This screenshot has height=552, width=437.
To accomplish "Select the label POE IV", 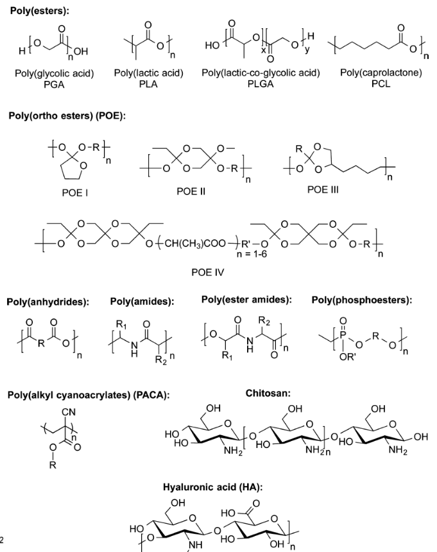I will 207,272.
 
